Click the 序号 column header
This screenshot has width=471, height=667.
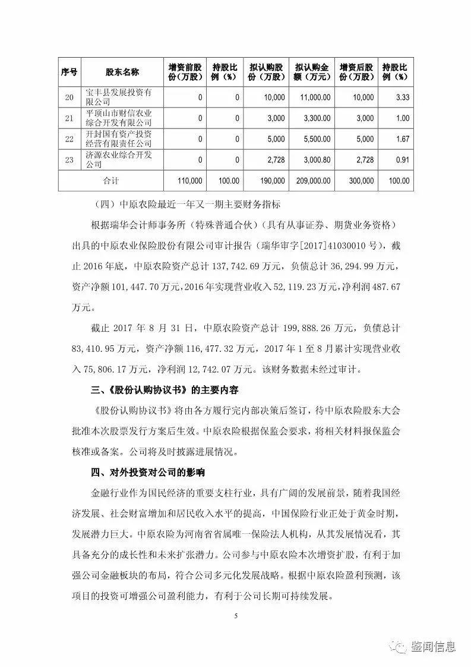[69, 72]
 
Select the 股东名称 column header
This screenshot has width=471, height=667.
[122, 72]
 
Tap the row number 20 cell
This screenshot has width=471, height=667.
[69, 97]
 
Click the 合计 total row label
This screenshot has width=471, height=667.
[111, 181]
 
